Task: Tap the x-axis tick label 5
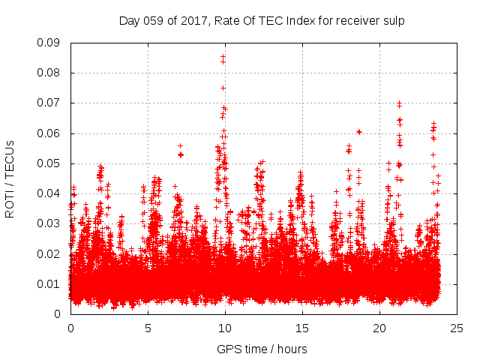(x=148, y=328)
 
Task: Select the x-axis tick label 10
(x=225, y=328)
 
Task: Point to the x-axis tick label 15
(x=302, y=328)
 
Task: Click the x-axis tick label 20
(x=379, y=328)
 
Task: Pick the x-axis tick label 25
(x=457, y=328)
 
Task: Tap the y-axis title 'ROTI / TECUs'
(x=10, y=178)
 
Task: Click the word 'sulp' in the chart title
(x=394, y=21)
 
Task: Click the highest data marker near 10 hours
(x=223, y=56)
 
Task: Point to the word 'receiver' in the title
(x=358, y=21)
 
